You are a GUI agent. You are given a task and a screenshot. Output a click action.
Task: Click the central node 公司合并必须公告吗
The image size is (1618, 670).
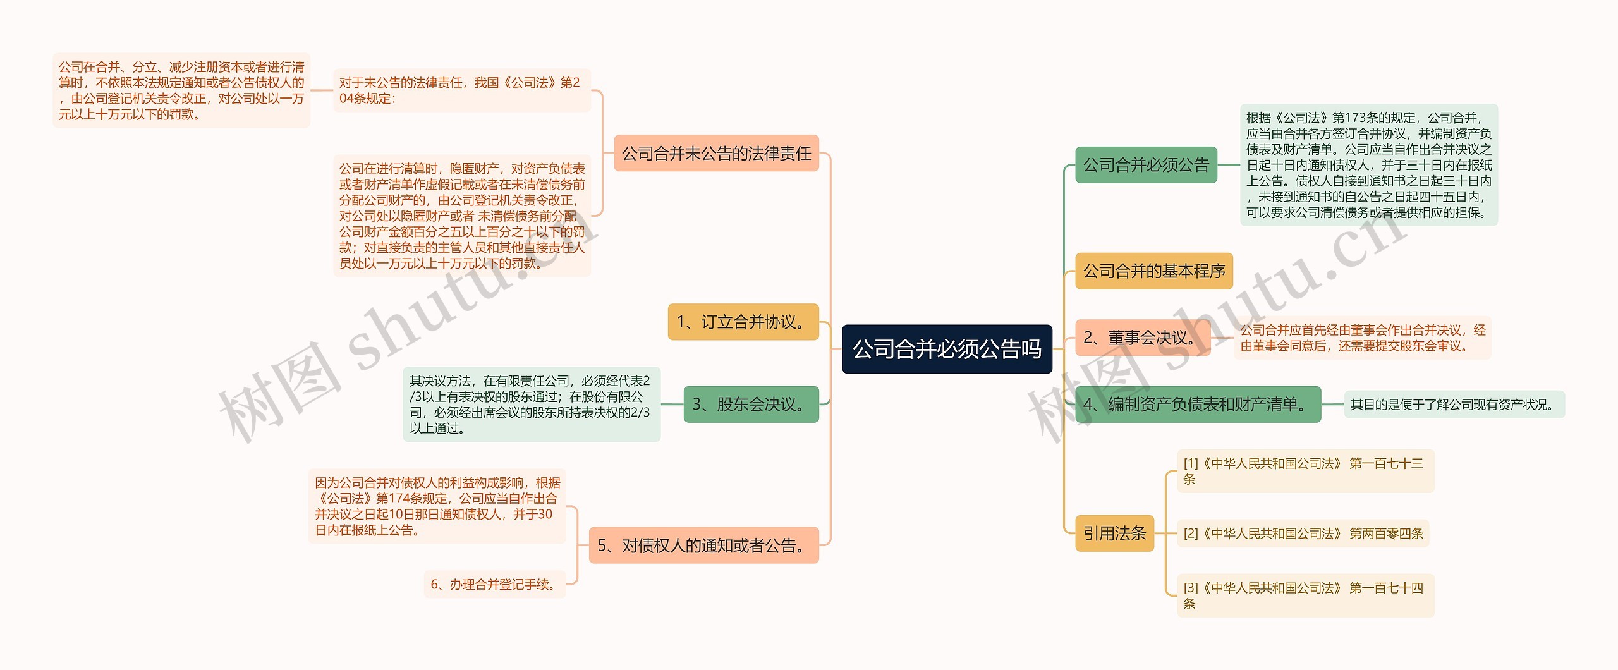[946, 349]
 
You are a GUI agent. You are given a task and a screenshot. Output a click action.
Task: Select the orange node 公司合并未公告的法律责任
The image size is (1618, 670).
[716, 154]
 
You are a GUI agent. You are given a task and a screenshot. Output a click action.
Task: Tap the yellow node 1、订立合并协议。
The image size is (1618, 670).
[743, 322]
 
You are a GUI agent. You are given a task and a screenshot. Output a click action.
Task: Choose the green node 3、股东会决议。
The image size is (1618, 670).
[750, 405]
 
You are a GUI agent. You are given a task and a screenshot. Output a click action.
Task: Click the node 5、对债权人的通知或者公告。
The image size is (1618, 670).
[703, 545]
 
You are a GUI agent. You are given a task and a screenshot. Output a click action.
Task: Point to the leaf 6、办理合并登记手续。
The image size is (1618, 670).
[494, 585]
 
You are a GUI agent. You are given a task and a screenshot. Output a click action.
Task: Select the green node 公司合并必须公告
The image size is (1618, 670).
[1145, 165]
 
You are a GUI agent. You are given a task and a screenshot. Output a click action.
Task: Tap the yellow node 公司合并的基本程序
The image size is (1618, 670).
[1153, 271]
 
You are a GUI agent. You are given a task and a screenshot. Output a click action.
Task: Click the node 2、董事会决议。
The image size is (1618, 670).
[1142, 338]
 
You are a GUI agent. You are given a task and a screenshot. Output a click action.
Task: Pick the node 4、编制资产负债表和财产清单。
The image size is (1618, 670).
[1197, 405]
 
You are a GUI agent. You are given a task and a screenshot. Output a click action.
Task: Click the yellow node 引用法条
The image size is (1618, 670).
[1114, 533]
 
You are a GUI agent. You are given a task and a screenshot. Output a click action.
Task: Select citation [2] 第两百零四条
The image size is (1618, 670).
[1303, 533]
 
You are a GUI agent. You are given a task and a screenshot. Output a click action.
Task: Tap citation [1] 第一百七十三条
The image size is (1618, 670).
[1305, 472]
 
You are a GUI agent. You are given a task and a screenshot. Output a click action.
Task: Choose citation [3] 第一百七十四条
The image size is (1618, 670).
[1305, 595]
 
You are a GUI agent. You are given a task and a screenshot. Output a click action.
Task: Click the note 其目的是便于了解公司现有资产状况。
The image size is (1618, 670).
[1453, 405]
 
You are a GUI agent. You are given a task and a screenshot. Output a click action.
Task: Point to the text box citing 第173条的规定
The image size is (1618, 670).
[1368, 165]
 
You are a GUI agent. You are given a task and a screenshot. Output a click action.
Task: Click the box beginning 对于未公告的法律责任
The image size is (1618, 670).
[461, 90]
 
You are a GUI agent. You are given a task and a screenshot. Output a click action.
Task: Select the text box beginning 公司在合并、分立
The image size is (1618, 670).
[181, 90]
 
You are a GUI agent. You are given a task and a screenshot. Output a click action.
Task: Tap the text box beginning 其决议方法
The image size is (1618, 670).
[531, 405]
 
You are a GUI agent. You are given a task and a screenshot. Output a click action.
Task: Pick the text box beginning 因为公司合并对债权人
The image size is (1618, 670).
[437, 506]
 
